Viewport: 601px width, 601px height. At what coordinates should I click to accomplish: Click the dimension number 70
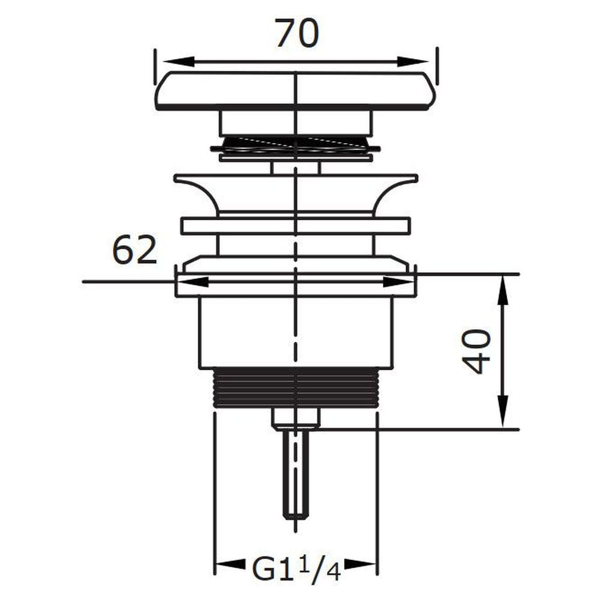tap(297, 33)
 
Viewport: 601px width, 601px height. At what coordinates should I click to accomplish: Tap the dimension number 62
tap(135, 249)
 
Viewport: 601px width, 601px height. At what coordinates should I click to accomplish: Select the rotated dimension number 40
tap(476, 351)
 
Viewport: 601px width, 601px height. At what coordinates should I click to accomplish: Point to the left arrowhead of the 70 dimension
tap(178, 62)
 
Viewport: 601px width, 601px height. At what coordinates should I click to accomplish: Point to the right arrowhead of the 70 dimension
tap(413, 62)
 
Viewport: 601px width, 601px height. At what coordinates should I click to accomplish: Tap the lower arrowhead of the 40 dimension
tap(503, 413)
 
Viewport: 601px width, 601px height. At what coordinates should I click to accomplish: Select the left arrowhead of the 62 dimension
tap(192, 282)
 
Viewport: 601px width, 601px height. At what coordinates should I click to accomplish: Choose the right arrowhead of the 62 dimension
tap(398, 282)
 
